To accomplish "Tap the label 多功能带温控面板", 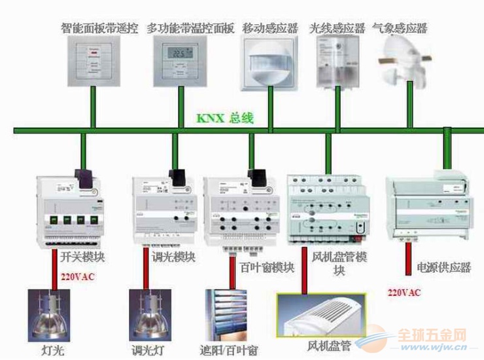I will [190, 29].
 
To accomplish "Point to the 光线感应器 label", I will [336, 29].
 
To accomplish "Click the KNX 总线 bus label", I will [224, 119].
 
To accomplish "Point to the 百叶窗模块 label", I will [261, 268].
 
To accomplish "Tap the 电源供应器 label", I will [443, 268].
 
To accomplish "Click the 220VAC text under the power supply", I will [404, 292].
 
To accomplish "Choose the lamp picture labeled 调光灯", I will [151, 315].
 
